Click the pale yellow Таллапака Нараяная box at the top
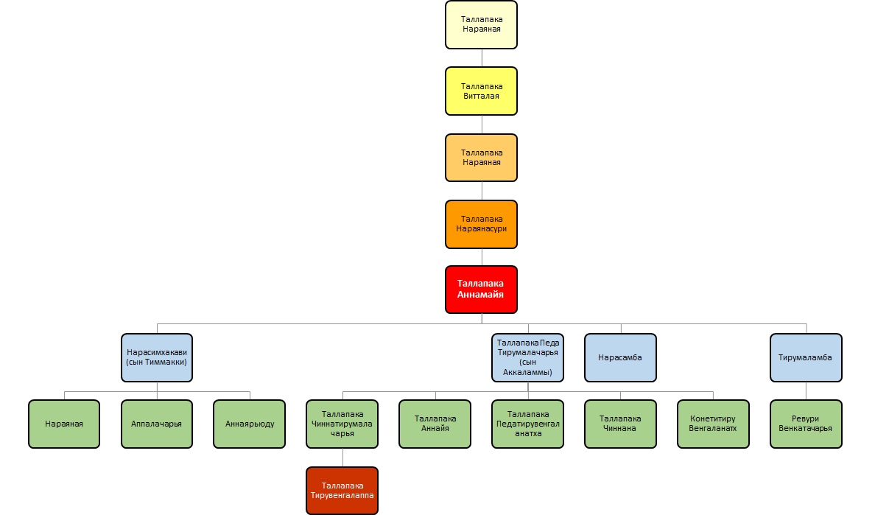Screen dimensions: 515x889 pos(482,25)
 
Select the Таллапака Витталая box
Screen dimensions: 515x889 pos(482,91)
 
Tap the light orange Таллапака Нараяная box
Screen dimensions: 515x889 pos(482,158)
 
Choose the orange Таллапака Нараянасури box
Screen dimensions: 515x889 pos(482,224)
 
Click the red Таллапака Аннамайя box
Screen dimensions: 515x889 pos(482,290)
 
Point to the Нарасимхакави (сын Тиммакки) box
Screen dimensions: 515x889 pos(157,357)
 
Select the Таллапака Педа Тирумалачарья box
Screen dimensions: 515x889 pos(527,357)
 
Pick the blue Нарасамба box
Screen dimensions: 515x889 pos(620,357)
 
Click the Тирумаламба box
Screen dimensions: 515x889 pos(806,357)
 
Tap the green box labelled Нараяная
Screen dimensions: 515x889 pos(64,424)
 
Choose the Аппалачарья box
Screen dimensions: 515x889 pos(157,424)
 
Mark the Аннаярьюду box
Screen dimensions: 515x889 pos(250,424)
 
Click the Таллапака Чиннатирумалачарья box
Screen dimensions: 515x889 pos(342,424)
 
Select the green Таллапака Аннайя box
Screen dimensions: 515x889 pos(435,424)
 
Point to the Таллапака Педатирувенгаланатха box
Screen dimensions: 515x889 pos(527,424)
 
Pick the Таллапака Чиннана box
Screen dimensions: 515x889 pos(620,424)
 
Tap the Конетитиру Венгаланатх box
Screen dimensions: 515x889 pos(713,424)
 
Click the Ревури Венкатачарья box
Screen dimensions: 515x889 pos(806,424)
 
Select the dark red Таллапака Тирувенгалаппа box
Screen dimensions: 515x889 pos(342,490)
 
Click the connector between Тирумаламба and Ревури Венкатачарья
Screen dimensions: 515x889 pos(806,390)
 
